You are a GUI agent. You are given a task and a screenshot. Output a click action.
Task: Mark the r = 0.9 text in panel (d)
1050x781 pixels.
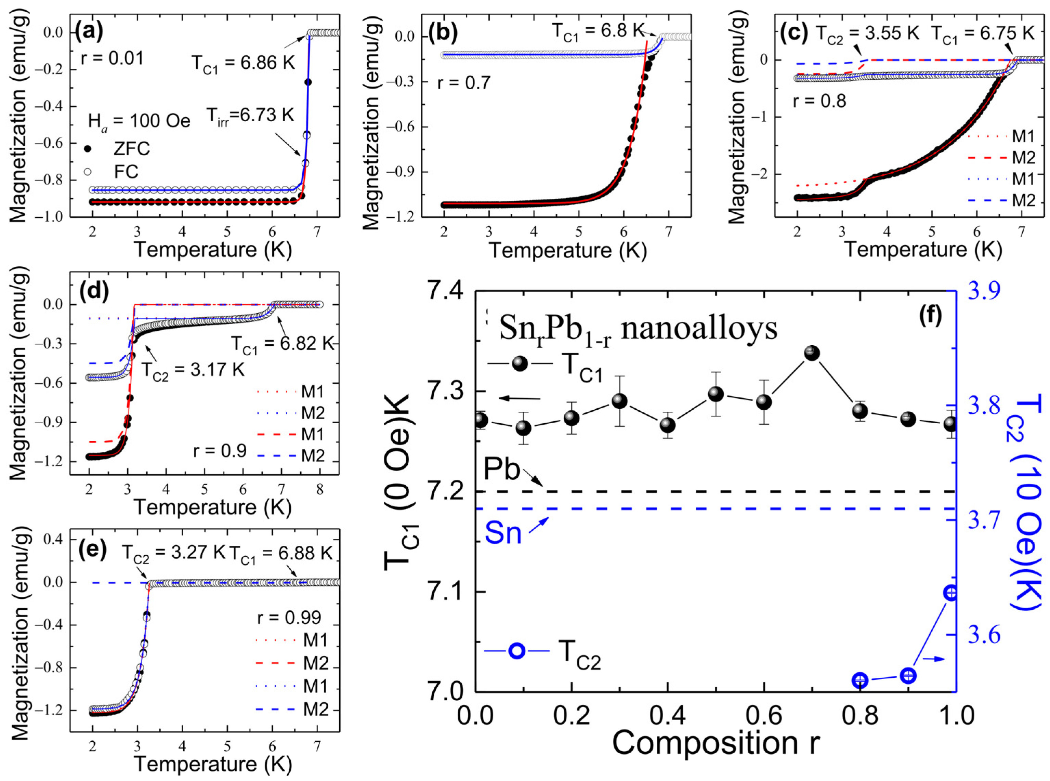click(220, 451)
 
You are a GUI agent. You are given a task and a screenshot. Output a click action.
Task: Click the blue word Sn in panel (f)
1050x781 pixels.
click(503, 533)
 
